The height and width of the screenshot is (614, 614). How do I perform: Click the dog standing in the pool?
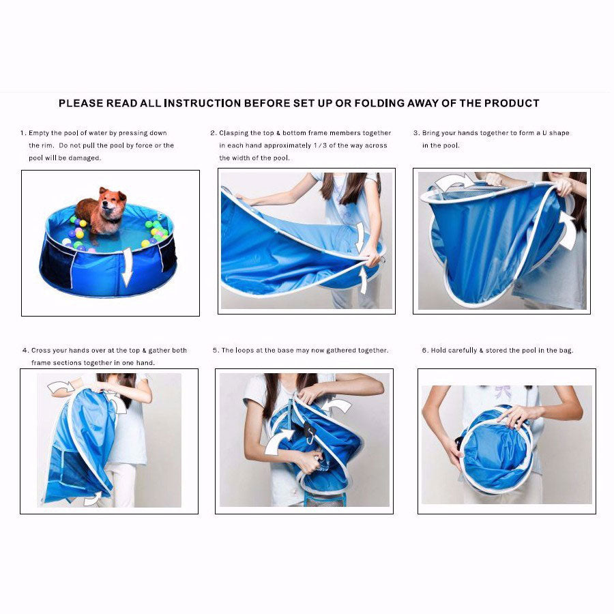click(101, 211)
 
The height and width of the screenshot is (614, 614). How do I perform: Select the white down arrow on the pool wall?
click(126, 267)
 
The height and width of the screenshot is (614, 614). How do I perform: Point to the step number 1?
click(23, 133)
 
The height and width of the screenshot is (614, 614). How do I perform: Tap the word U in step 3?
click(544, 133)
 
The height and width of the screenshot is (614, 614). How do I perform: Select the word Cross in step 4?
click(40, 351)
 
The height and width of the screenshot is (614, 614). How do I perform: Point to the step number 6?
click(425, 351)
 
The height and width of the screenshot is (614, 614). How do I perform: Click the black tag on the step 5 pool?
click(310, 431)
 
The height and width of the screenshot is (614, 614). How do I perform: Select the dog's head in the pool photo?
click(113, 203)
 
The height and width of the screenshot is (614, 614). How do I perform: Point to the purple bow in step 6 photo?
click(503, 391)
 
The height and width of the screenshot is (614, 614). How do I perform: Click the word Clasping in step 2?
click(233, 134)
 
